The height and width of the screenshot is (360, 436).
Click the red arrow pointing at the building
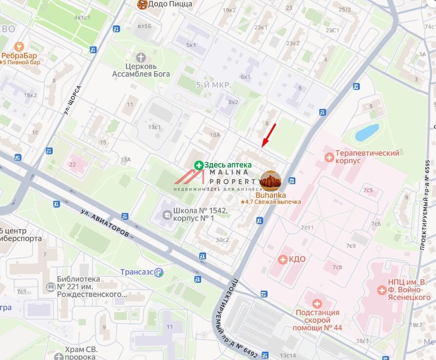tap(269, 135)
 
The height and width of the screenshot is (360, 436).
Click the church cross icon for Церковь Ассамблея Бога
tap(141, 57)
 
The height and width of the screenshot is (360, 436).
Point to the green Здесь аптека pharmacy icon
tap(199, 166)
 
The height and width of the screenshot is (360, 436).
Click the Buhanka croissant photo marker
tap(270, 181)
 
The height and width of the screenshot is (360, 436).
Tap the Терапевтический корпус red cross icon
tap(330, 157)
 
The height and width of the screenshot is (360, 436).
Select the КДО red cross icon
tap(282, 259)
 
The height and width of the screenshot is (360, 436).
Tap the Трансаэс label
tap(137, 272)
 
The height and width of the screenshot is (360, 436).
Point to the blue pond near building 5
tap(367, 132)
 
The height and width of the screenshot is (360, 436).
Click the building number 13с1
tap(154, 127)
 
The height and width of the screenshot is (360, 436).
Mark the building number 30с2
tap(222, 240)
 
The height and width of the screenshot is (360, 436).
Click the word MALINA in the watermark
tap(229, 172)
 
